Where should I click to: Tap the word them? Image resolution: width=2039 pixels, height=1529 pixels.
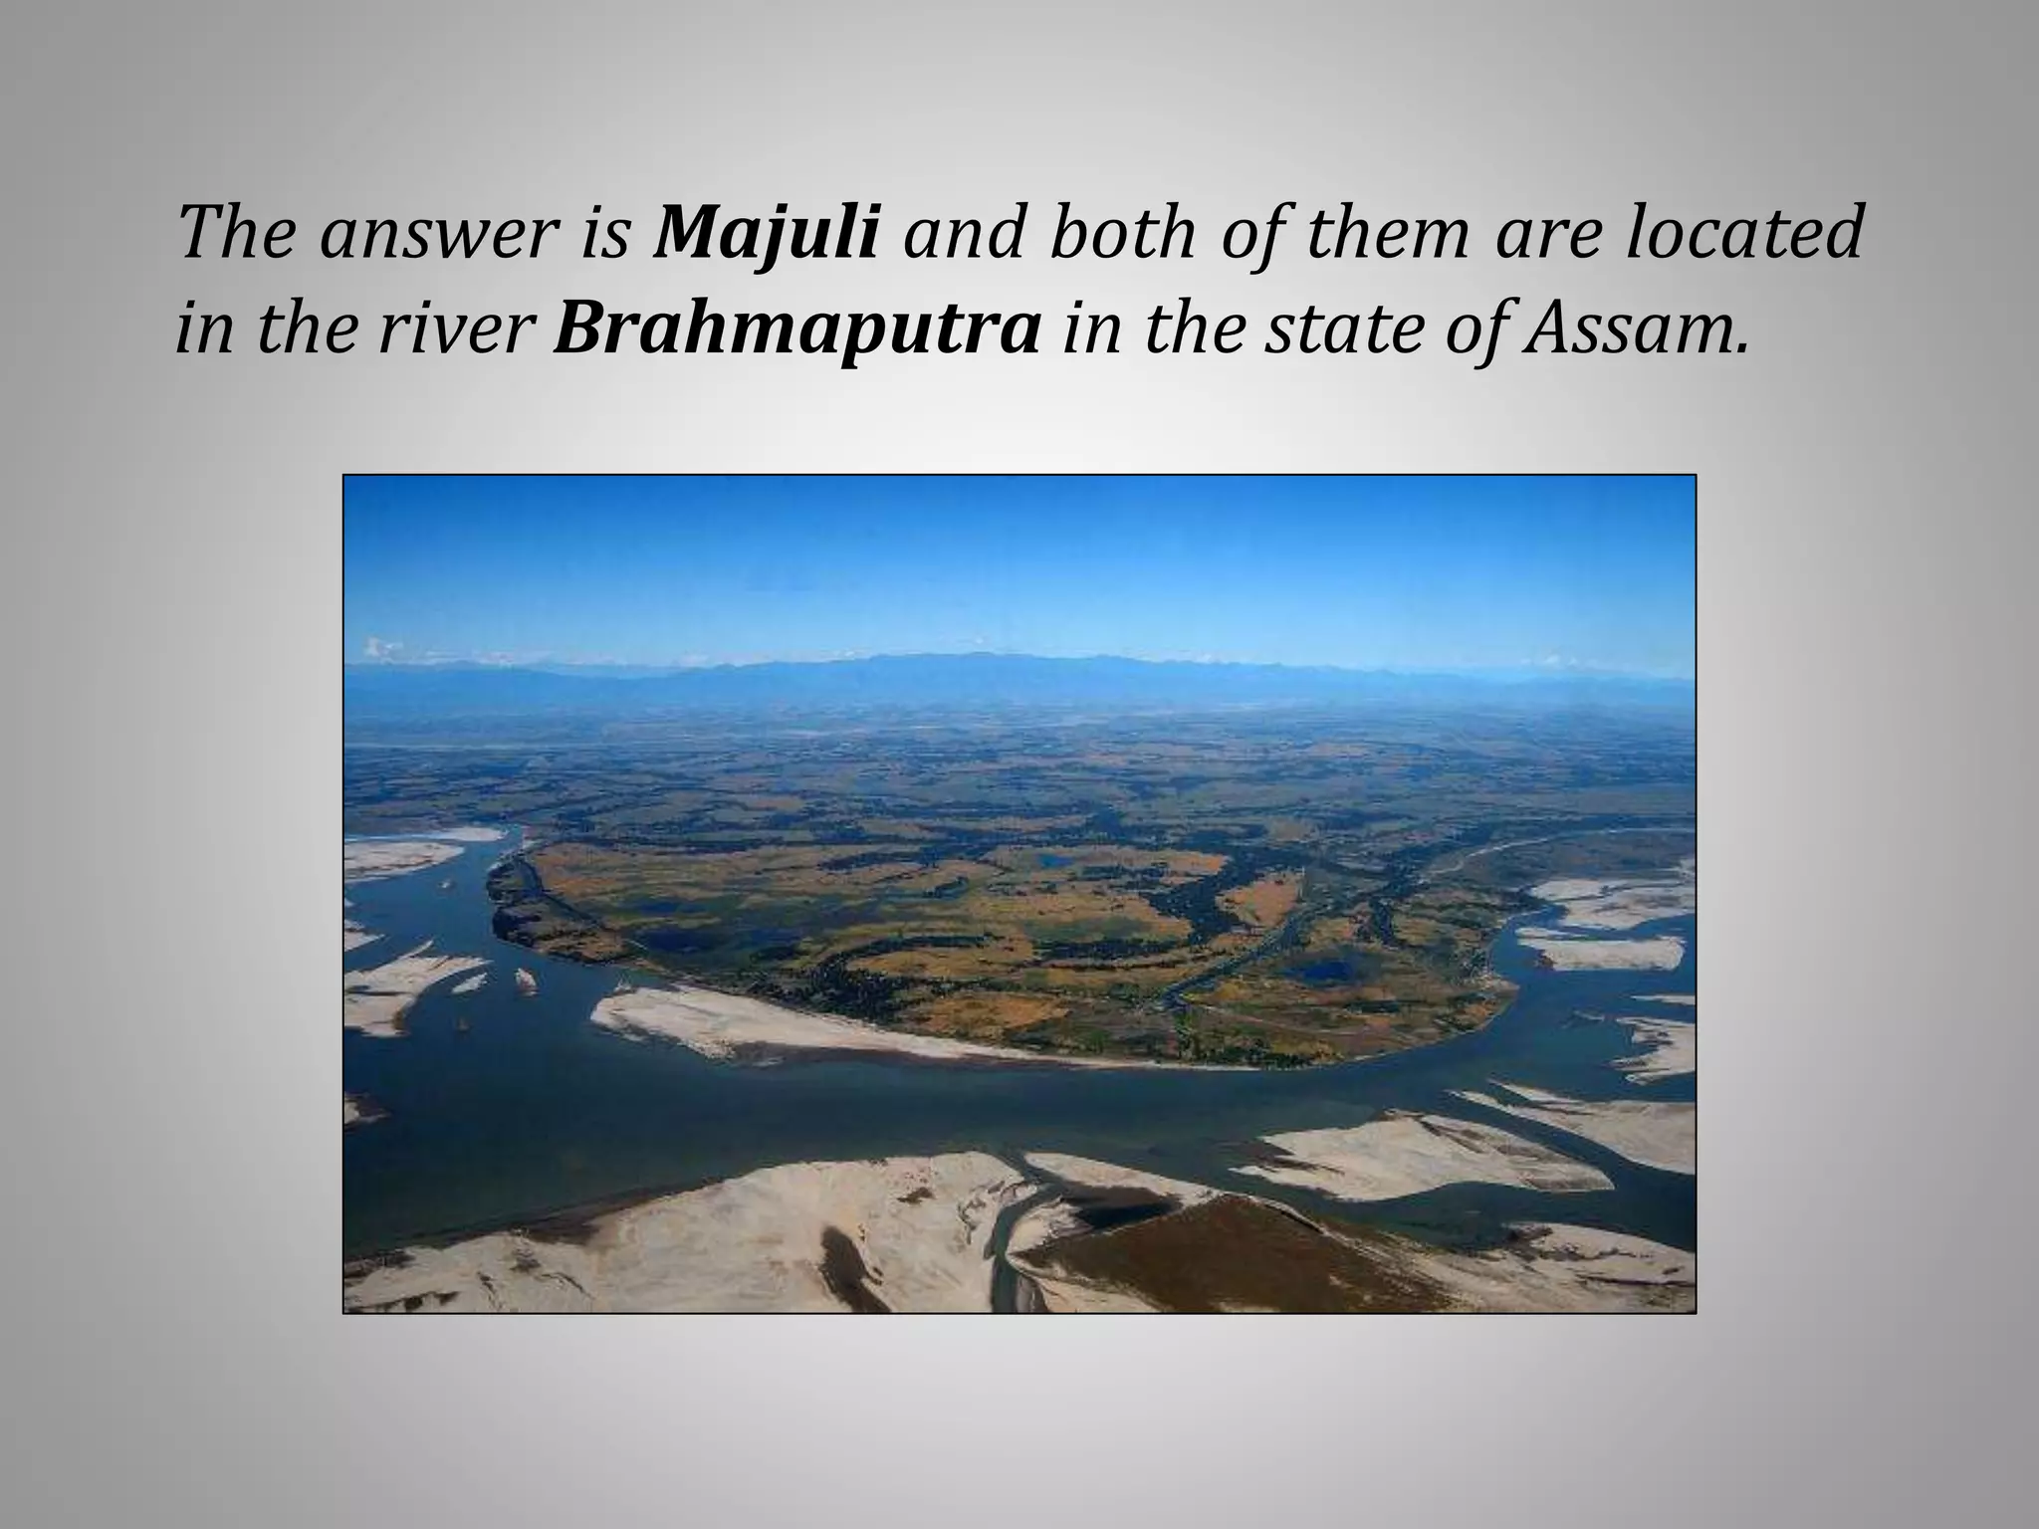click(x=1388, y=234)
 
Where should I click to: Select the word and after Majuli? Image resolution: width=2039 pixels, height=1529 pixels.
click(x=958, y=234)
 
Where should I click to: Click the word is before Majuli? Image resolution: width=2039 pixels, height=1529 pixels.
click(x=614, y=234)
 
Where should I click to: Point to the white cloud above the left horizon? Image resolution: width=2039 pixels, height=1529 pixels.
click(x=383, y=648)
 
